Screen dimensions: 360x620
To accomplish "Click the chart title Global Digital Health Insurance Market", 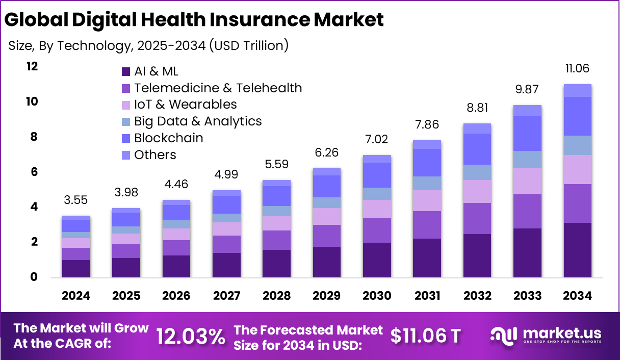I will [194, 20].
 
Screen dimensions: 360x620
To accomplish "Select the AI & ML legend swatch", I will [125, 71].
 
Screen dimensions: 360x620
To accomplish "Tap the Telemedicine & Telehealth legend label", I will [218, 88].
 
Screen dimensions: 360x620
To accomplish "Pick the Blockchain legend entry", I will [168, 138].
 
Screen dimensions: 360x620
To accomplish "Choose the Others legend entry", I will [155, 155].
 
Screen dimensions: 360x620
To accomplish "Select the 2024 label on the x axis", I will [76, 296].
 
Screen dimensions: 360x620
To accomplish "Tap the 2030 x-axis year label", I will [377, 296].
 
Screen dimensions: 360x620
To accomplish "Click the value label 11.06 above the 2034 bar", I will [578, 69].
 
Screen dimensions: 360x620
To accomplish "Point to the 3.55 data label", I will [76, 200].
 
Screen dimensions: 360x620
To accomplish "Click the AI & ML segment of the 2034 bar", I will [578, 250].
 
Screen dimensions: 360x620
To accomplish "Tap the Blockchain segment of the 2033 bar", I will [527, 134].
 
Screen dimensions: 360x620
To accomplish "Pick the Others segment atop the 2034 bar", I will [578, 90].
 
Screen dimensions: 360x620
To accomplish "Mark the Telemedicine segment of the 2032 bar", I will [477, 218].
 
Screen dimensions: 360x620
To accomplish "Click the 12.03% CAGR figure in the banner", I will [191, 336].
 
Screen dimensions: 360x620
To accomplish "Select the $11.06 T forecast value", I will [426, 336].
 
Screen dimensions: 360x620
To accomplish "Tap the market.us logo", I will [546, 335].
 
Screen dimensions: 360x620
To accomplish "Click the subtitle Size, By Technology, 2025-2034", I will [148, 46].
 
